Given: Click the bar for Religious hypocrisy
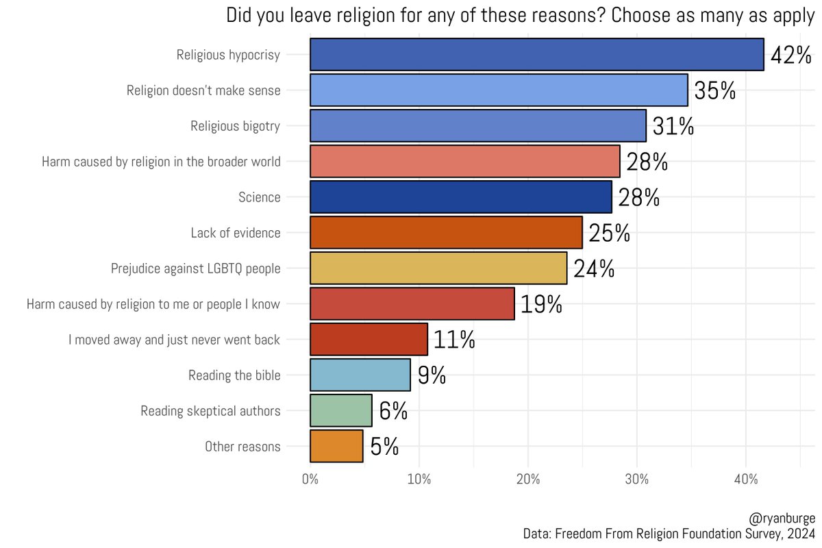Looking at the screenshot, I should [536, 55].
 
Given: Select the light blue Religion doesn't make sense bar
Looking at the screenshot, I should [499, 90].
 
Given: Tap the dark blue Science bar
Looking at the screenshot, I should [460, 197].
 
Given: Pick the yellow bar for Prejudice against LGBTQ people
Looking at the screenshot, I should [438, 269].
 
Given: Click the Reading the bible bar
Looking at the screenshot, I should [360, 375].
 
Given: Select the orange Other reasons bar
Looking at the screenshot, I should [336, 447].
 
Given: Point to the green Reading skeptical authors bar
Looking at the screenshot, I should [340, 411].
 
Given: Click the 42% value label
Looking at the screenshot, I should [791, 55].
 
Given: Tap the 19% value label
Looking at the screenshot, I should [541, 304].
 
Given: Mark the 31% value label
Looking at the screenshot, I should [673, 127].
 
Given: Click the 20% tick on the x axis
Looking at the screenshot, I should [528, 480].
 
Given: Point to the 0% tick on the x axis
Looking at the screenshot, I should [310, 480].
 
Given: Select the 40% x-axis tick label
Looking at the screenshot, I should [746, 480].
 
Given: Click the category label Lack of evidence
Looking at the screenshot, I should [236, 233].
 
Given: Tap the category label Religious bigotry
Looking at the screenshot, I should [235, 126].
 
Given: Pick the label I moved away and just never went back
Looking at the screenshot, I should [174, 340].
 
